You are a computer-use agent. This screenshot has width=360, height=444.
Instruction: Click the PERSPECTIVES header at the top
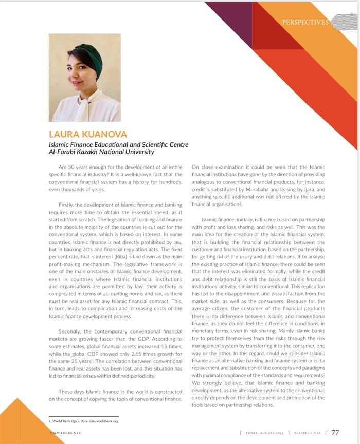pyautogui.click(x=305, y=22)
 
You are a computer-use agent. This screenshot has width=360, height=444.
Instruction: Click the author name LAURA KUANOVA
pyautogui.click(x=88, y=134)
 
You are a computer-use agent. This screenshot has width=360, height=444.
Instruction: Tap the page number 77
pyautogui.click(x=335, y=433)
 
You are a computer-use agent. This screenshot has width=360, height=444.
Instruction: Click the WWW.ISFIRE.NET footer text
pyautogui.click(x=65, y=433)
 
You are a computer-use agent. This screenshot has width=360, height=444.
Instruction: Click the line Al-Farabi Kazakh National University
pyautogui.click(x=101, y=152)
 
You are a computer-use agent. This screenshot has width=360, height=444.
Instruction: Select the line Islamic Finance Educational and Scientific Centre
pyautogui.click(x=118, y=145)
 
